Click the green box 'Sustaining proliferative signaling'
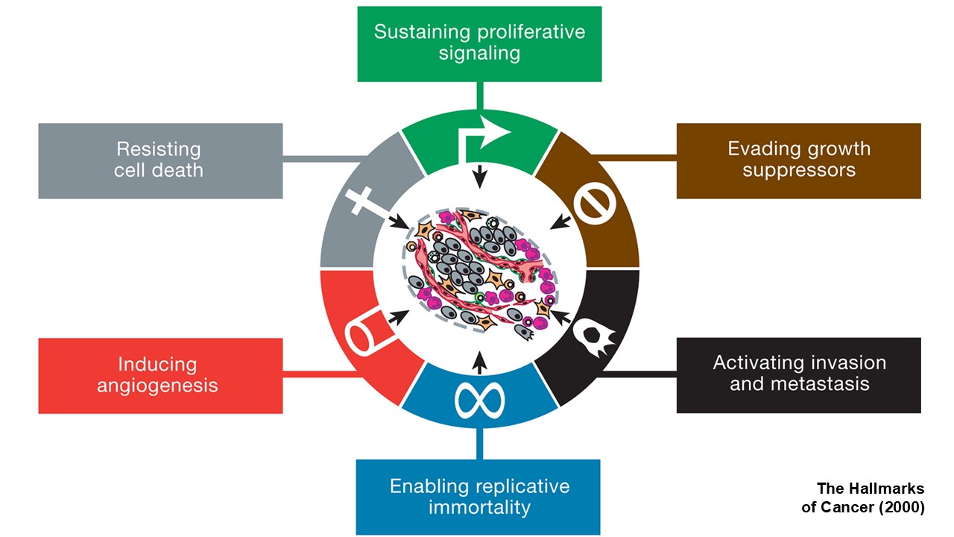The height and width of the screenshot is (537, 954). point(479,43)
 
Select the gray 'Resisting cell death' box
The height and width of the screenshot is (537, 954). point(160,160)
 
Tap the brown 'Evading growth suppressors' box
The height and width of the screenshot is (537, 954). point(798,160)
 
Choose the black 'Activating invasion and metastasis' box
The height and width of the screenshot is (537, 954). point(798,374)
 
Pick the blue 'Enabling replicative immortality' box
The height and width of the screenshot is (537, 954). point(478,497)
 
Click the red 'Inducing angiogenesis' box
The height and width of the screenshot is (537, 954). point(160,375)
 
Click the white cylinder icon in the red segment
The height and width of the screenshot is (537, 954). point(366,332)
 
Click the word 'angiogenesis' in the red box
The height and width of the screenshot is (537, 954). point(157,386)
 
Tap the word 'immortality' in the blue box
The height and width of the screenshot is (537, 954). point(479,508)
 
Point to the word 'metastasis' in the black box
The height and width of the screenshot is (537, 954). point(799,385)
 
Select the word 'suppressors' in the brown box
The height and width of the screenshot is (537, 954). point(799,170)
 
